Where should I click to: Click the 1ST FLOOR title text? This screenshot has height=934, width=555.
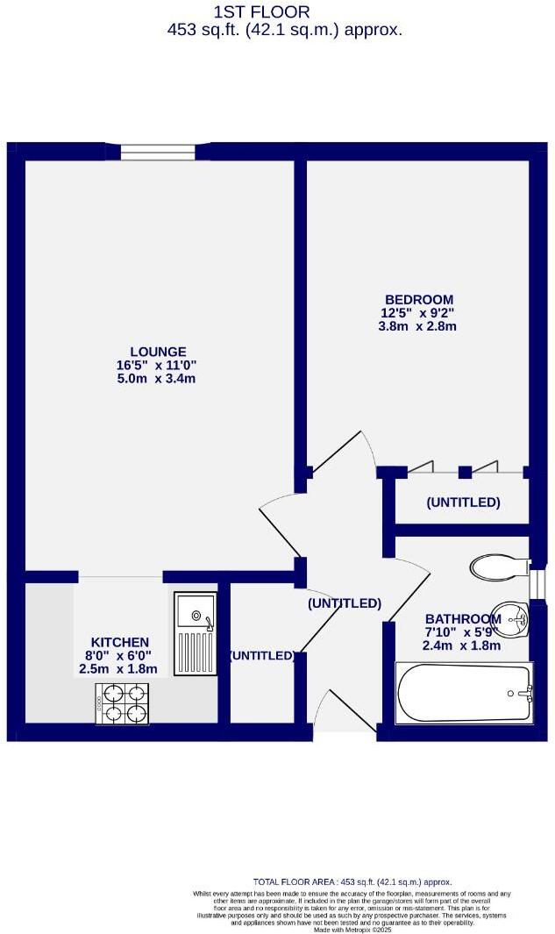[x=261, y=11]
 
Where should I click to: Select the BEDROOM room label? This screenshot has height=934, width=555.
[x=417, y=299]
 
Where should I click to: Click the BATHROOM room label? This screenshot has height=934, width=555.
[x=462, y=618]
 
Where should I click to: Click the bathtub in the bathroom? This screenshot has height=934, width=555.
[x=464, y=694]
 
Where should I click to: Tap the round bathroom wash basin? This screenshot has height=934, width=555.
[x=509, y=617]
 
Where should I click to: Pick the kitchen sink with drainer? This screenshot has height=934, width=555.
[x=195, y=633]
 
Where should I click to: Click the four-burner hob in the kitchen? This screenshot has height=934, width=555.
[x=123, y=704]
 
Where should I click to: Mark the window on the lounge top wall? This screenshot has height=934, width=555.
[x=158, y=153]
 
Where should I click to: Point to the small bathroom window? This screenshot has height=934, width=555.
[x=537, y=582]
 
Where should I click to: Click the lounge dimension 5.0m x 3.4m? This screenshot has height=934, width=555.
[x=156, y=379]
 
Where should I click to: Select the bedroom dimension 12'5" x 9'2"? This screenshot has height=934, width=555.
[x=417, y=313]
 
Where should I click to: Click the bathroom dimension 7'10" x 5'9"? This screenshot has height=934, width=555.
[x=462, y=632]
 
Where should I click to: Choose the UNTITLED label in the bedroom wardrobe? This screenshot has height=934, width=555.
[x=462, y=503]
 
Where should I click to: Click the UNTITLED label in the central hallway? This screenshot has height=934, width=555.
[x=344, y=603]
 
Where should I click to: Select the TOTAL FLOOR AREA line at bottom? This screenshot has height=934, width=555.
[x=352, y=881]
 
